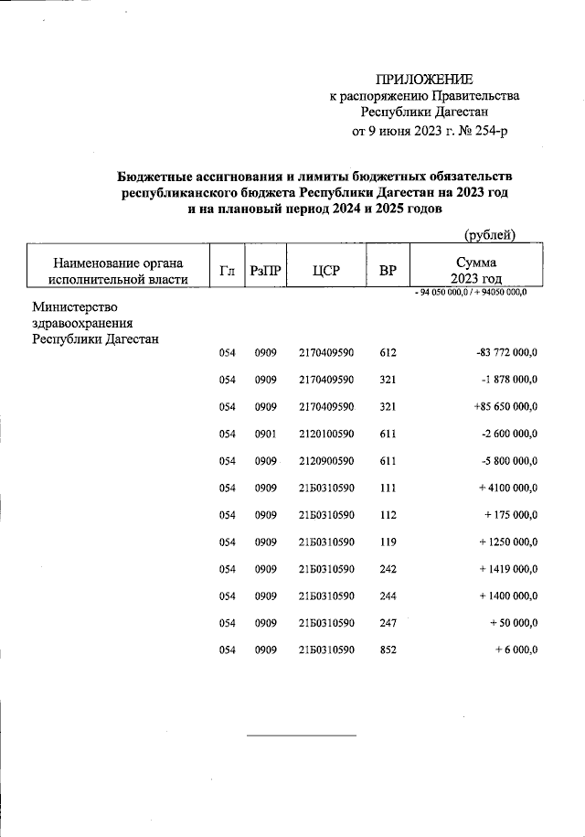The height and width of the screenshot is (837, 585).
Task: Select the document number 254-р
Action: pos(485,131)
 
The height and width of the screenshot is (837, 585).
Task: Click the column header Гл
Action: pos(227,270)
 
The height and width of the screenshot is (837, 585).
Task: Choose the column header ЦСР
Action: pos(325,270)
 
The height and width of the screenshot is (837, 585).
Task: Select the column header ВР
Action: pos(388,270)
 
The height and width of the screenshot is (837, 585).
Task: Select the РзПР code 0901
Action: pos(266,434)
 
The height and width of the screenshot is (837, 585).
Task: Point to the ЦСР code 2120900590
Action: pos(325,461)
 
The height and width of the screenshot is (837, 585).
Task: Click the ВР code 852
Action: pos(388,650)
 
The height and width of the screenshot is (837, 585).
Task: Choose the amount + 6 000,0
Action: pos(516,650)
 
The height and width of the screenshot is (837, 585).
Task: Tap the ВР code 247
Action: pos(388,623)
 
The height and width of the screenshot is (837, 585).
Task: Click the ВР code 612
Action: pos(388,352)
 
